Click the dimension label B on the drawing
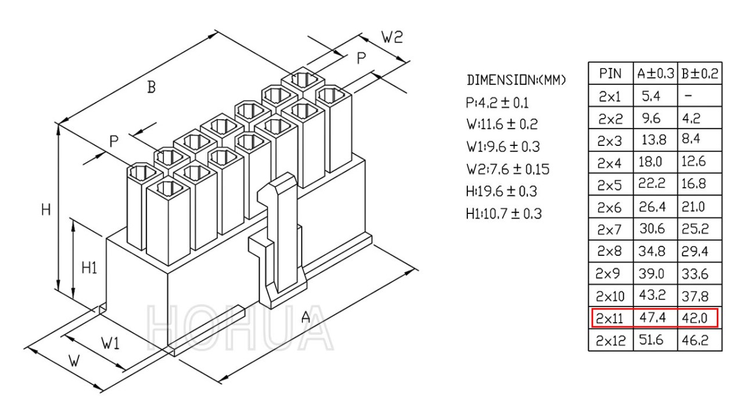tap(151, 87)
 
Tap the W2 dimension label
tap(392, 37)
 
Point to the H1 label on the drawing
tap(90, 267)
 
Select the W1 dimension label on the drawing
tap(110, 343)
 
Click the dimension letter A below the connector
tap(306, 317)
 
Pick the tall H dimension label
tap(46, 210)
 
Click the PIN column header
tap(610, 73)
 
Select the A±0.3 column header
tap(656, 73)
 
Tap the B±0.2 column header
tap(700, 73)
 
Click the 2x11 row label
tap(609, 319)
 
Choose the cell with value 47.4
tap(652, 317)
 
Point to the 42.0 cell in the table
tap(695, 318)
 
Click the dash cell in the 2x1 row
tap(688, 96)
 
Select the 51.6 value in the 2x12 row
tap(651, 340)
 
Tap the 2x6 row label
tap(609, 208)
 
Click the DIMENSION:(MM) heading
tap(516, 80)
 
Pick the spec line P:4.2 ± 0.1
tap(497, 103)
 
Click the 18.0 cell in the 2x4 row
tap(650, 162)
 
